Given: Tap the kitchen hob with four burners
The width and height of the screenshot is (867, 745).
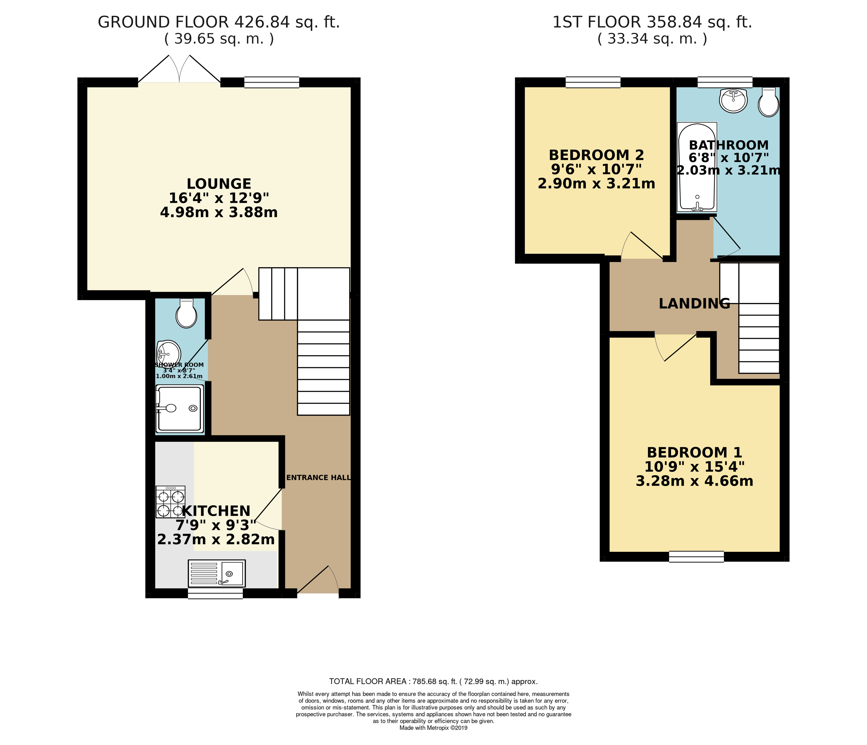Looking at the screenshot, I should click(170, 502).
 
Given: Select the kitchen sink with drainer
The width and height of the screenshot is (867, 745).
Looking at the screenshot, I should click(217, 573).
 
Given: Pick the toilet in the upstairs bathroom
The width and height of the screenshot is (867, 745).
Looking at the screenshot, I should click(768, 102).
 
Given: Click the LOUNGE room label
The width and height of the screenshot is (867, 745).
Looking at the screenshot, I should click(219, 184).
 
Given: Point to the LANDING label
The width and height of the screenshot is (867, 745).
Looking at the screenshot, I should click(694, 304).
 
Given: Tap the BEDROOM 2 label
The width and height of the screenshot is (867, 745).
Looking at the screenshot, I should click(596, 155).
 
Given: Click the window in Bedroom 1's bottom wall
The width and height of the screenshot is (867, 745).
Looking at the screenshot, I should click(696, 556).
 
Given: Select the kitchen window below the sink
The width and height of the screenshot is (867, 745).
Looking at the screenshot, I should click(215, 593).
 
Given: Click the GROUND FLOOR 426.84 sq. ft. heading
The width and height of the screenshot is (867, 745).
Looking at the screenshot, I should click(219, 22).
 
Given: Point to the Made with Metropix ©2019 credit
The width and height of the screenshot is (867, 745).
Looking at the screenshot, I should click(433, 728).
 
